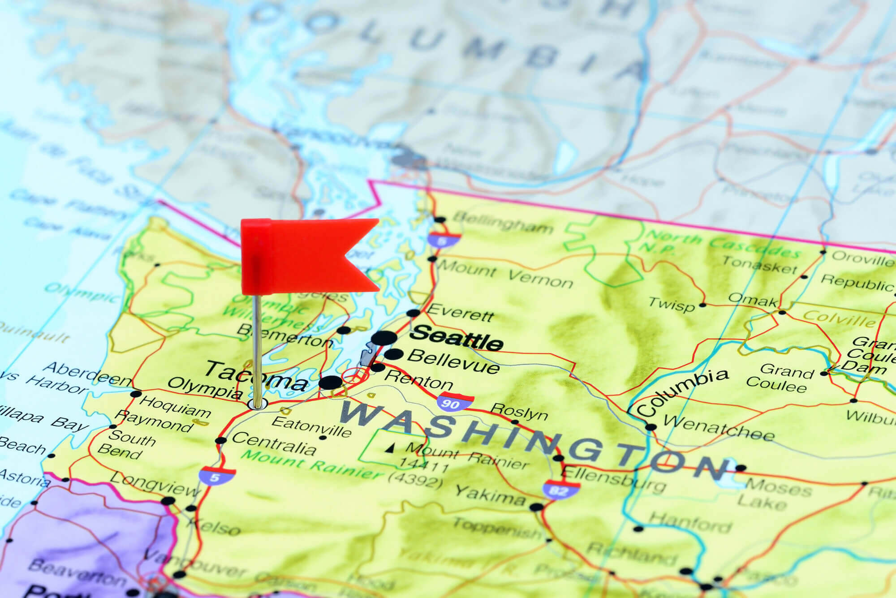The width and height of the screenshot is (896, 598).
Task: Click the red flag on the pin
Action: pyautogui.click(x=305, y=255)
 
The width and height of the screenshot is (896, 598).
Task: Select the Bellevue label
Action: pyautogui.click(x=453, y=361)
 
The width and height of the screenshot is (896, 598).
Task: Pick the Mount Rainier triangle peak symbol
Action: pyautogui.click(x=391, y=447)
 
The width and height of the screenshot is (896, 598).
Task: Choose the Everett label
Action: pyautogui.click(x=460, y=312)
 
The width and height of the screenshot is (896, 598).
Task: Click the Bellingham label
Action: pyautogui.click(x=503, y=223)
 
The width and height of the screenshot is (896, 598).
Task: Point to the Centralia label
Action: pyautogui.click(x=274, y=444)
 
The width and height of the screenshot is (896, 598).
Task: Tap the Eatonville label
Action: pyautogui.click(x=311, y=426)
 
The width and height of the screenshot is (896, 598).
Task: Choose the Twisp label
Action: pyautogui.click(x=671, y=305)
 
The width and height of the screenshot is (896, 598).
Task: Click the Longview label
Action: pyautogui.click(x=155, y=485)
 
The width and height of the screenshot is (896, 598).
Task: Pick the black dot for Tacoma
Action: pyautogui.click(x=331, y=383)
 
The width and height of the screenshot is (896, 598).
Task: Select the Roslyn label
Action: pyautogui.click(x=519, y=411)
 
